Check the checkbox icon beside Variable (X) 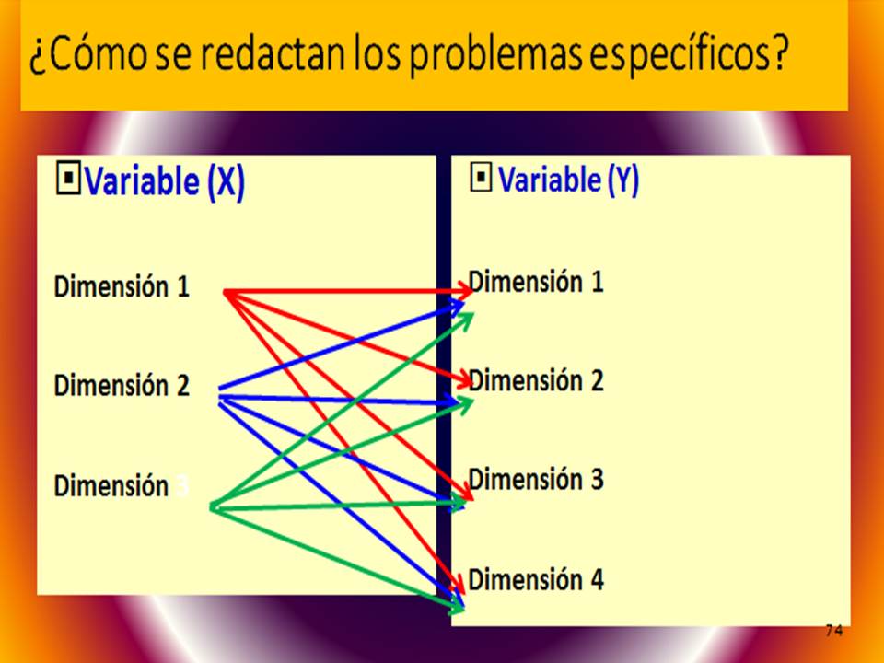pyautogui.click(x=68, y=180)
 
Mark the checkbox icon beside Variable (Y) pyautogui.click(x=481, y=179)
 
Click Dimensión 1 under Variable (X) pyautogui.click(x=122, y=287)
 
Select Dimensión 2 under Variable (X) pyautogui.click(x=122, y=385)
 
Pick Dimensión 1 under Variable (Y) pyautogui.click(x=536, y=282)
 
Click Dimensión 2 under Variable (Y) pyautogui.click(x=536, y=380)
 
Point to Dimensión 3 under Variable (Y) pyautogui.click(x=536, y=480)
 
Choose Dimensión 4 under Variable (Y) pyautogui.click(x=536, y=580)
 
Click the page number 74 pyautogui.click(x=833, y=630)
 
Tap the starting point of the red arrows pyautogui.click(x=226, y=292)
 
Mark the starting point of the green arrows pyautogui.click(x=212, y=506)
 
